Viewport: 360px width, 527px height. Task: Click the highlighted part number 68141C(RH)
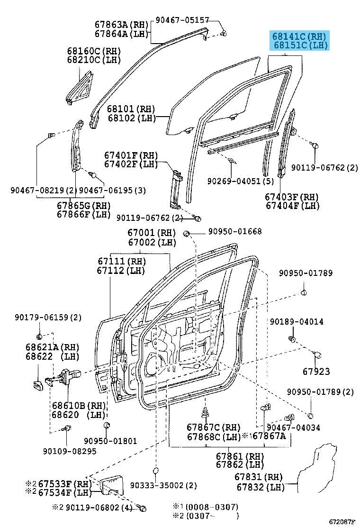299,36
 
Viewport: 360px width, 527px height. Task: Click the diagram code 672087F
341,521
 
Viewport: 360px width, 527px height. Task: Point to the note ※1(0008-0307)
212,507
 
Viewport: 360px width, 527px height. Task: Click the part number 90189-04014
297,321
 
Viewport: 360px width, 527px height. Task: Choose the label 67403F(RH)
292,197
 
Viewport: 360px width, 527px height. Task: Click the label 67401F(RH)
131,155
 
